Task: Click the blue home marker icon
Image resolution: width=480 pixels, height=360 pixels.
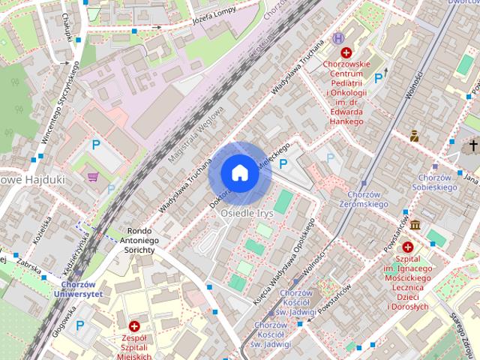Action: [239, 172]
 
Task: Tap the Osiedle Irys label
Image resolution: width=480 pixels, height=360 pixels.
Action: [245, 213]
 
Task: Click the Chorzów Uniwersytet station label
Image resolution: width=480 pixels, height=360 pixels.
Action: [78, 289]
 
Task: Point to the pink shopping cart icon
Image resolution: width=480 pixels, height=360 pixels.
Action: [93, 177]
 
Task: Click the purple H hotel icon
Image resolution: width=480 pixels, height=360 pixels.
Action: [339, 38]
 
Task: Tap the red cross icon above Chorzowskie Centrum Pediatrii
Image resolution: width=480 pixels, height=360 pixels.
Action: [346, 52]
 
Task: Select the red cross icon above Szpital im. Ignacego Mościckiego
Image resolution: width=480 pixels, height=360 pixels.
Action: [408, 247]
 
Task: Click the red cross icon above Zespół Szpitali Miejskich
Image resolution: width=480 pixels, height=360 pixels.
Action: [134, 326]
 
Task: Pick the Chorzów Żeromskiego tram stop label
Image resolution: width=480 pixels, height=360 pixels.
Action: [362, 199]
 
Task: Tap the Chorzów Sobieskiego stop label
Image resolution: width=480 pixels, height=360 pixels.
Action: [434, 181]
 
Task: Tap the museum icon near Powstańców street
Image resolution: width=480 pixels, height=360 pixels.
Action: [414, 224]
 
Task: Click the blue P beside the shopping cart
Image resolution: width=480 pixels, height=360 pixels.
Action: [95, 146]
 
